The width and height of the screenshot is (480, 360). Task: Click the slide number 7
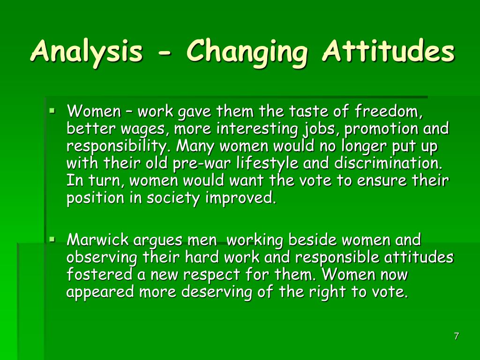[456, 336]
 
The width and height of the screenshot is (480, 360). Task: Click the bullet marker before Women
[52, 112]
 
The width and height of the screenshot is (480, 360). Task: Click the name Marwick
[97, 240]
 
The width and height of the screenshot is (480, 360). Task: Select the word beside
[313, 240]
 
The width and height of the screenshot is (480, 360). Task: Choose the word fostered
[99, 274]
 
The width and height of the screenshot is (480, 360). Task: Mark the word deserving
[217, 292]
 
